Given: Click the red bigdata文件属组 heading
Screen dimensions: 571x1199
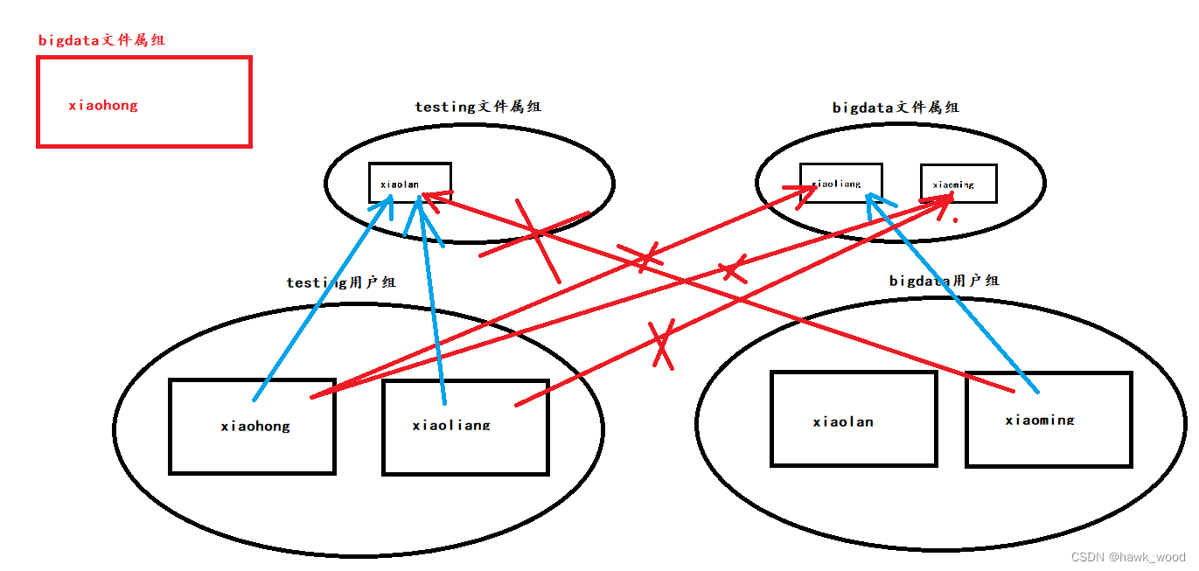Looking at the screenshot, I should (101, 40).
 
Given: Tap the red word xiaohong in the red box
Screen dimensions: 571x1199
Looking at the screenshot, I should (103, 106).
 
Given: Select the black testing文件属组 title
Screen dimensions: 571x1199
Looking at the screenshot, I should (478, 107).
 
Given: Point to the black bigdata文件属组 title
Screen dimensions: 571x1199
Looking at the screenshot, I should (896, 108).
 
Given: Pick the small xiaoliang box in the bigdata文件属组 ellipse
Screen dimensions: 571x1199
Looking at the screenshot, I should (840, 182).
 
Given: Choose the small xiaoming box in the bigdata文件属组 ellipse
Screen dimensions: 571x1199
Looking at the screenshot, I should (959, 184).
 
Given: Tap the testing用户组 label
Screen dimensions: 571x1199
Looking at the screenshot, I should (341, 282).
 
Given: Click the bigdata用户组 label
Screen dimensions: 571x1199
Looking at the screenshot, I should (944, 281).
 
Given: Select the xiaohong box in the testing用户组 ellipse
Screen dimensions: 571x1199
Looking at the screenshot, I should (252, 427).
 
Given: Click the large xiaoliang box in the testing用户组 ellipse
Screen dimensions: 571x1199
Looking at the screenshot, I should (465, 427).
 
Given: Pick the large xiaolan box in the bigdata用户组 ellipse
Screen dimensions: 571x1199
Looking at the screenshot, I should (853, 419).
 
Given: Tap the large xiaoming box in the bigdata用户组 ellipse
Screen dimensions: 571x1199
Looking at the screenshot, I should (1049, 419).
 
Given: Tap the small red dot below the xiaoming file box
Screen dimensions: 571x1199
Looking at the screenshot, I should (955, 220).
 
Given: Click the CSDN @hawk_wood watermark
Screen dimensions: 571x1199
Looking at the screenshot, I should (1128, 557).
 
